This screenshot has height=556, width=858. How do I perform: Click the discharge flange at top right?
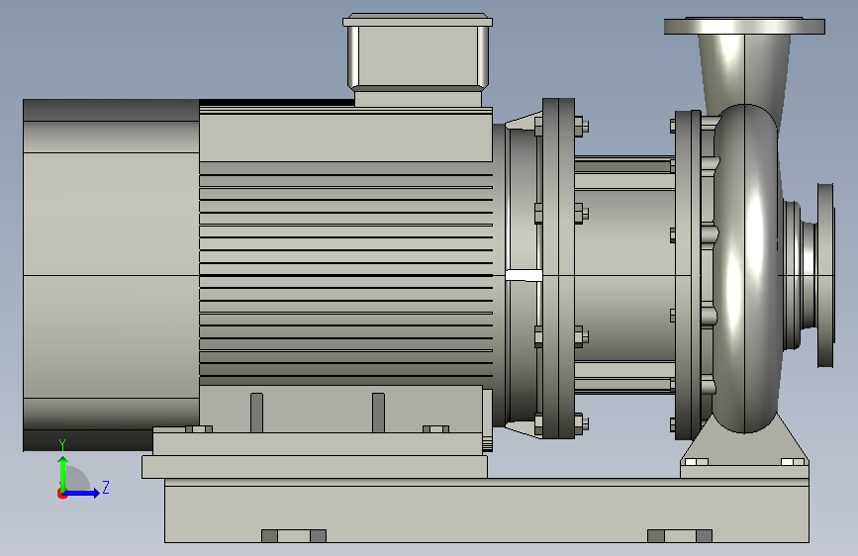pyautogui.click(x=744, y=27)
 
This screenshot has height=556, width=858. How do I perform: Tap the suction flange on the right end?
pyautogui.click(x=825, y=275)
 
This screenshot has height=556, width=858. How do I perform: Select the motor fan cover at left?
pyautogui.click(x=111, y=275)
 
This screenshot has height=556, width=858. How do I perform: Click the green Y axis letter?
pyautogui.click(x=62, y=444)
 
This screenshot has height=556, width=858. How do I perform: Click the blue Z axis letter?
pyautogui.click(x=106, y=487)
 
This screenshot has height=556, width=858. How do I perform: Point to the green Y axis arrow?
pyautogui.click(x=63, y=474)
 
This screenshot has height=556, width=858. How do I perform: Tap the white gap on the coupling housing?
pyautogui.click(x=524, y=275)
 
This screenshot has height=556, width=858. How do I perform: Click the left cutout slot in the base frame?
pyautogui.click(x=294, y=536)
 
